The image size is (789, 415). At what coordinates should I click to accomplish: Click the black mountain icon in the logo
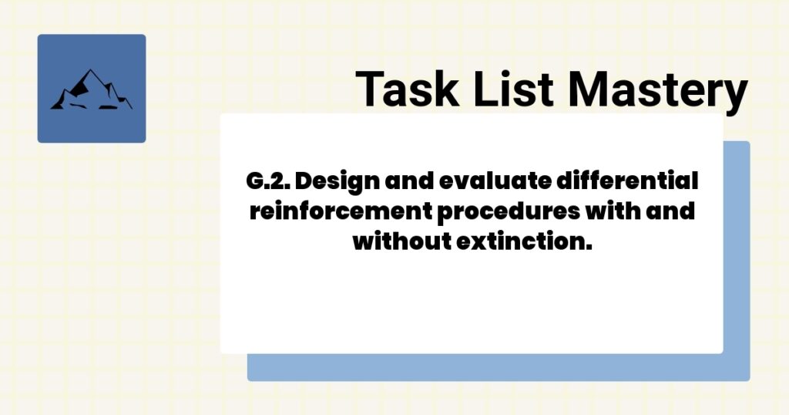point(91,90)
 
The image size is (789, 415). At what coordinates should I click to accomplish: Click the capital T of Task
point(370,89)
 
